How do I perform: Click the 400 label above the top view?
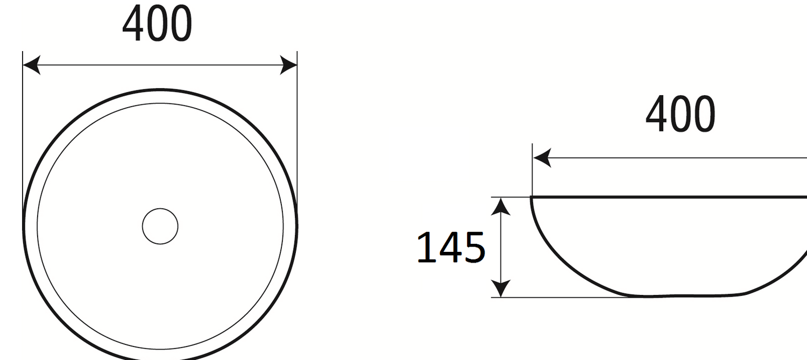click(x=157, y=24)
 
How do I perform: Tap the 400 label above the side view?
click(x=680, y=114)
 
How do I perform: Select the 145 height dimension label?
click(x=451, y=248)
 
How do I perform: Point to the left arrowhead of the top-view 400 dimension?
click(x=31, y=65)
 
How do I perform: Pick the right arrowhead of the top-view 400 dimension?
click(x=288, y=65)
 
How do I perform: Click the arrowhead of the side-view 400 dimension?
click(x=542, y=158)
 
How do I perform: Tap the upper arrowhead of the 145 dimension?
click(x=501, y=207)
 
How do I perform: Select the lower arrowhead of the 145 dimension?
click(x=501, y=288)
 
